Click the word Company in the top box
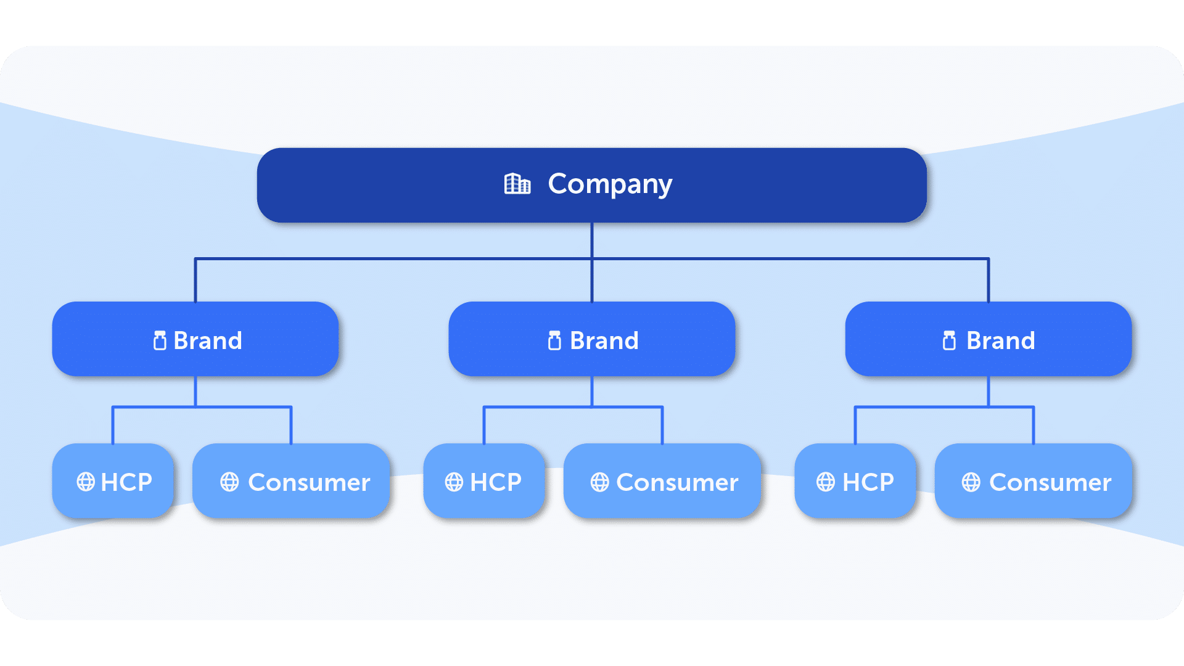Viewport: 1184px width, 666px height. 609,184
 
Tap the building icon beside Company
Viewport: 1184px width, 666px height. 517,184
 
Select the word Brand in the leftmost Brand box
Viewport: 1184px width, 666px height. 208,340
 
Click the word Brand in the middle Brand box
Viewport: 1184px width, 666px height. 604,340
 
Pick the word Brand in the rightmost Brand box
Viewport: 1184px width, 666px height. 1000,340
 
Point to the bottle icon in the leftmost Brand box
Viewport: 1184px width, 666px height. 160,340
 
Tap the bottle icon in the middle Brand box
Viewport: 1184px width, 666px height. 554,340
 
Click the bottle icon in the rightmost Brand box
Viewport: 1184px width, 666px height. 949,340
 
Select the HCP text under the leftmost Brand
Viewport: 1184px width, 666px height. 126,482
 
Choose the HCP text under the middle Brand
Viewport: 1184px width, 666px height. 496,482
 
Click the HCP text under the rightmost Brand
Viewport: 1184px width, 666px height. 868,482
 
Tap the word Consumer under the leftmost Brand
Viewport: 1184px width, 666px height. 309,482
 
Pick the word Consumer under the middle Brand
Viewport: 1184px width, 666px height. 677,482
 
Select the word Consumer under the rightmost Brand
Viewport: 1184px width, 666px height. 1050,482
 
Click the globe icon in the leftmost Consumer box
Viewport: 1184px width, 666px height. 229,482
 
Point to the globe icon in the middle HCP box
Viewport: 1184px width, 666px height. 454,482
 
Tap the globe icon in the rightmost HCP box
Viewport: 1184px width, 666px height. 825,482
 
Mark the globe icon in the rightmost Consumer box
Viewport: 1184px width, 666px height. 971,482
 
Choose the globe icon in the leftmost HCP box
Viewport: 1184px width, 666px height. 86,482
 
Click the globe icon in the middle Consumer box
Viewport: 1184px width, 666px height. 599,482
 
